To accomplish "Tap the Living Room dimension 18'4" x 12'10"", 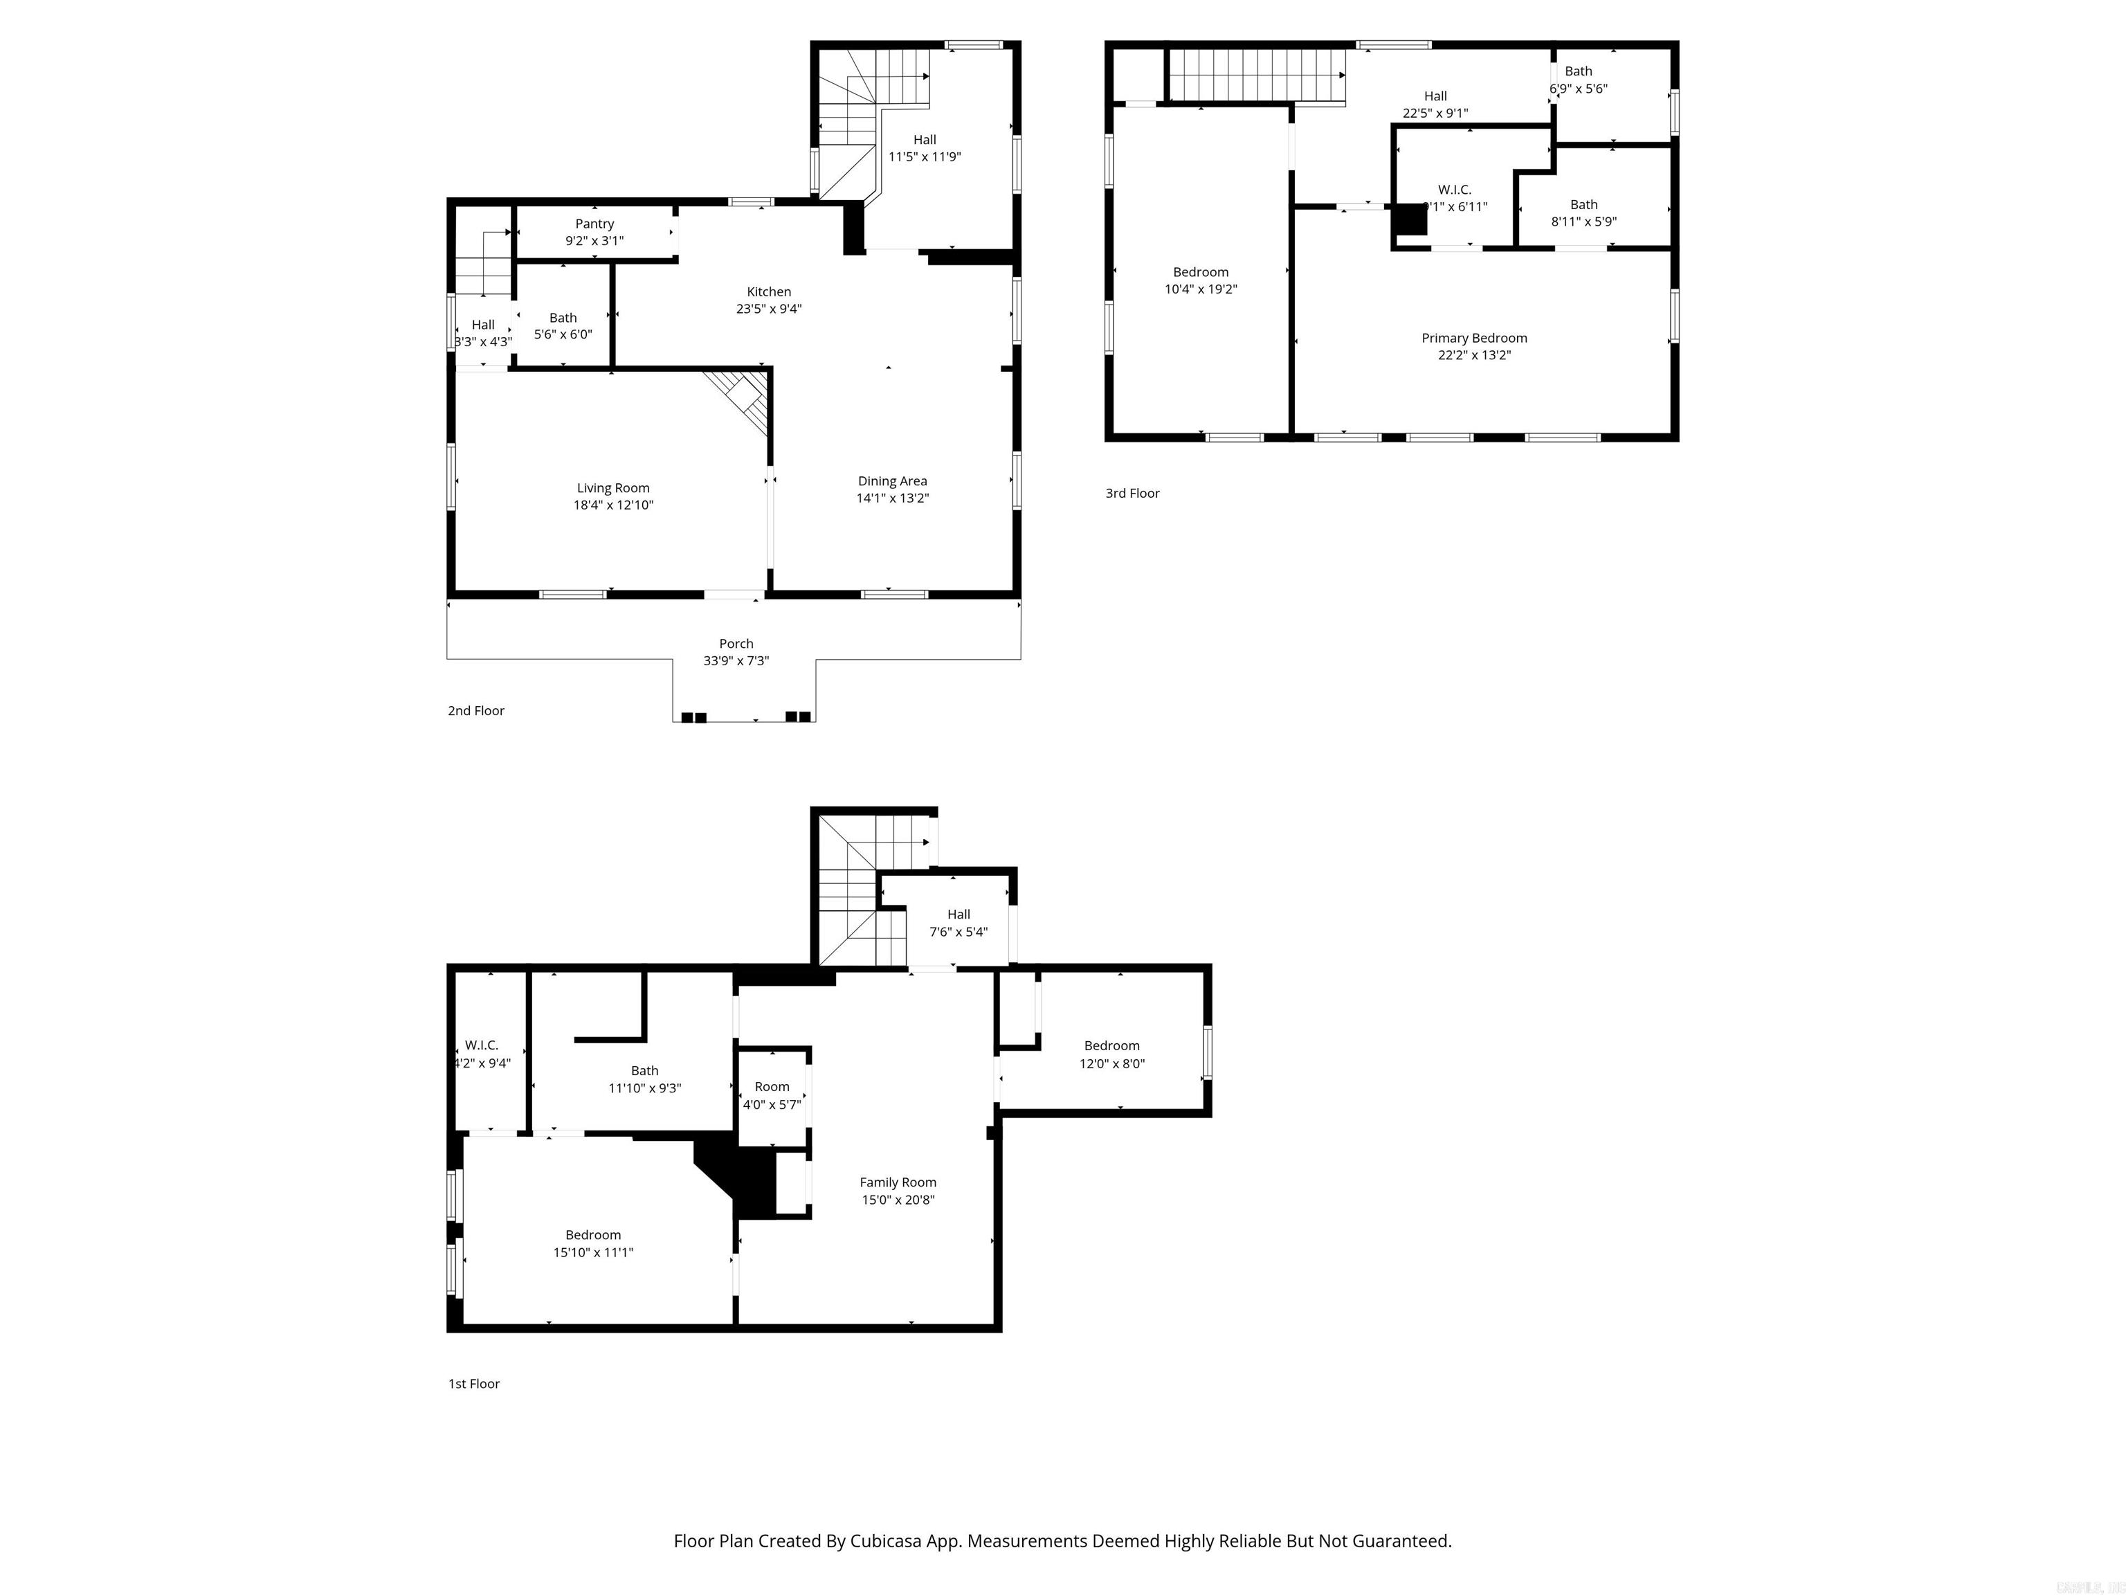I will (613, 505).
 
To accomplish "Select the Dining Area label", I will (892, 480).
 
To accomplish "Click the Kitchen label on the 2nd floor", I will (769, 291).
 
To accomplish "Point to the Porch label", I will (736, 643).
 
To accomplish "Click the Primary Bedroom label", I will (1473, 337).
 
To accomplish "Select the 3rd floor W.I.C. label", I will (1454, 190).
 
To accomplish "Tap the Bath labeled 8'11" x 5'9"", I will (1583, 213).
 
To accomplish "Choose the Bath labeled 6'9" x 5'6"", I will (1578, 79).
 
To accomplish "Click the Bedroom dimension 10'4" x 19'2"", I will (1201, 289).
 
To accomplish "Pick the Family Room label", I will (898, 1182).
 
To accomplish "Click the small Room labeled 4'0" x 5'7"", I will (772, 1095).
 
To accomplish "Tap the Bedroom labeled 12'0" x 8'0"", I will (1112, 1054).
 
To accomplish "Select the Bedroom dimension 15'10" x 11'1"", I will (593, 1252).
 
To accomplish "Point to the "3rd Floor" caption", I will (1132, 493).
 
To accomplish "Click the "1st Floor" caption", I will (474, 1383).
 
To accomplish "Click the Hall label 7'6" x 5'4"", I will (958, 922).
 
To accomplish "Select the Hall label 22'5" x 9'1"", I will (1435, 104).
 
